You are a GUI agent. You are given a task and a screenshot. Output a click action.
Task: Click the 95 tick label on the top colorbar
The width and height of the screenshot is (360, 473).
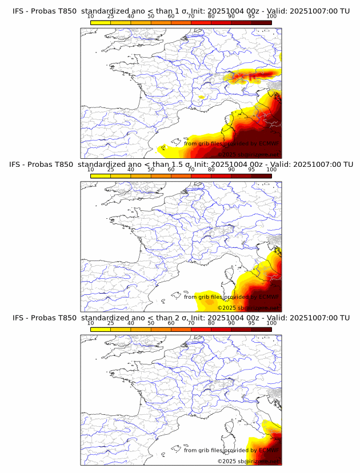[x=251, y=16]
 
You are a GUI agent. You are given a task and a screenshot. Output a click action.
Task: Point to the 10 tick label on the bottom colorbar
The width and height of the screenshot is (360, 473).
[x=91, y=323]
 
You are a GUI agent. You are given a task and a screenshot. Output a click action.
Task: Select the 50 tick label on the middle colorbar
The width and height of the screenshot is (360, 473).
[x=151, y=170]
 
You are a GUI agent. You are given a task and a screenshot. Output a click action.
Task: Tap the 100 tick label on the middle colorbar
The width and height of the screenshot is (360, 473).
[x=271, y=170]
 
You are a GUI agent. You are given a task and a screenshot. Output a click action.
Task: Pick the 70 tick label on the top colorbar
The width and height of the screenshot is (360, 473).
[x=191, y=16]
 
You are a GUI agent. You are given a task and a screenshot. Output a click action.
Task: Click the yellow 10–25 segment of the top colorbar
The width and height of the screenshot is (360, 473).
[x=101, y=22]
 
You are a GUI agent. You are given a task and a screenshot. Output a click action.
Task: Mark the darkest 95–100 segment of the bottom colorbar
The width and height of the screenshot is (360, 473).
[x=261, y=329]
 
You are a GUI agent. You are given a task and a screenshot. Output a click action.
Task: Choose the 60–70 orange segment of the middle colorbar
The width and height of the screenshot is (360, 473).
[x=181, y=176]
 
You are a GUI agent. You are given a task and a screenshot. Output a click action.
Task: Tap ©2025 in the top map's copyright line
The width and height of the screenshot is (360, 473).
[x=226, y=154]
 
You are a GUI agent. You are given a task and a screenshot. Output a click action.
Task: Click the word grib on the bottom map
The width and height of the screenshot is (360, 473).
[x=205, y=450]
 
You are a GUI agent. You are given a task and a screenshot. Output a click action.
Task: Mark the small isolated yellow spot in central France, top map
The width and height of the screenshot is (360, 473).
[x=201, y=98]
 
